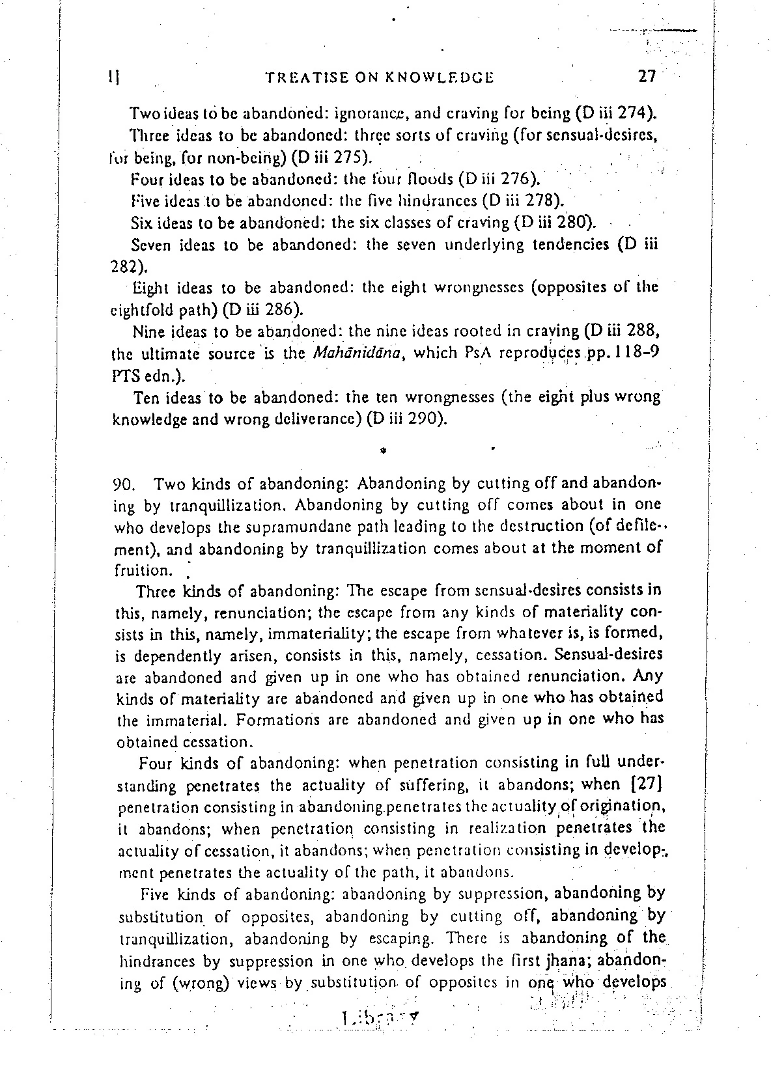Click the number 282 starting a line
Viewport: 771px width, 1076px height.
click(x=123, y=266)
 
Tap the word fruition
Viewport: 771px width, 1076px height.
click(x=141, y=571)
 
